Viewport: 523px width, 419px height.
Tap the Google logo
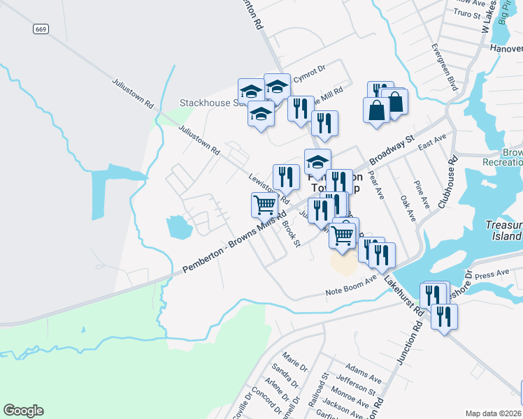tap(23, 411)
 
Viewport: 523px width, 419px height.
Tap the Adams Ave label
tap(363, 372)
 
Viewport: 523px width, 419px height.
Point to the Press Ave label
tap(492, 274)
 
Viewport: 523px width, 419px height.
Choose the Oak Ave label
tap(407, 208)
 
